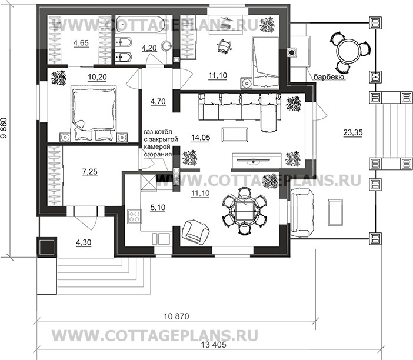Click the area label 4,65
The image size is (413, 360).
click(x=81, y=43)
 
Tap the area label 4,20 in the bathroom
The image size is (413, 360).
click(x=149, y=48)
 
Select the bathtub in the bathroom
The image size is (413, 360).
click(x=141, y=25)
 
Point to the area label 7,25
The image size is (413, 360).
click(x=90, y=172)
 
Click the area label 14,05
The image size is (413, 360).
click(x=201, y=138)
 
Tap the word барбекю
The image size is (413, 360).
click(x=329, y=77)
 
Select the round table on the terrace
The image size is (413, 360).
click(x=348, y=51)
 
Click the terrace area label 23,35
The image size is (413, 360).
click(x=353, y=133)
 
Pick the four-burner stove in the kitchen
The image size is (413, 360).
click(x=134, y=216)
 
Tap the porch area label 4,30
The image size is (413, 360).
click(x=84, y=242)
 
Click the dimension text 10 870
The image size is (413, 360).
click(x=176, y=316)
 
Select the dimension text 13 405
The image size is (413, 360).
click(x=214, y=345)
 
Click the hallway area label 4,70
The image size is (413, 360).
click(x=158, y=101)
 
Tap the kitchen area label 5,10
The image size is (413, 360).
click(x=158, y=208)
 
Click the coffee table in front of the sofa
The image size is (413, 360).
click(x=235, y=135)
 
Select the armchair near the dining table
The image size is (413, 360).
click(x=195, y=231)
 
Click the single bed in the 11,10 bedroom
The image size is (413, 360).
click(x=265, y=63)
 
